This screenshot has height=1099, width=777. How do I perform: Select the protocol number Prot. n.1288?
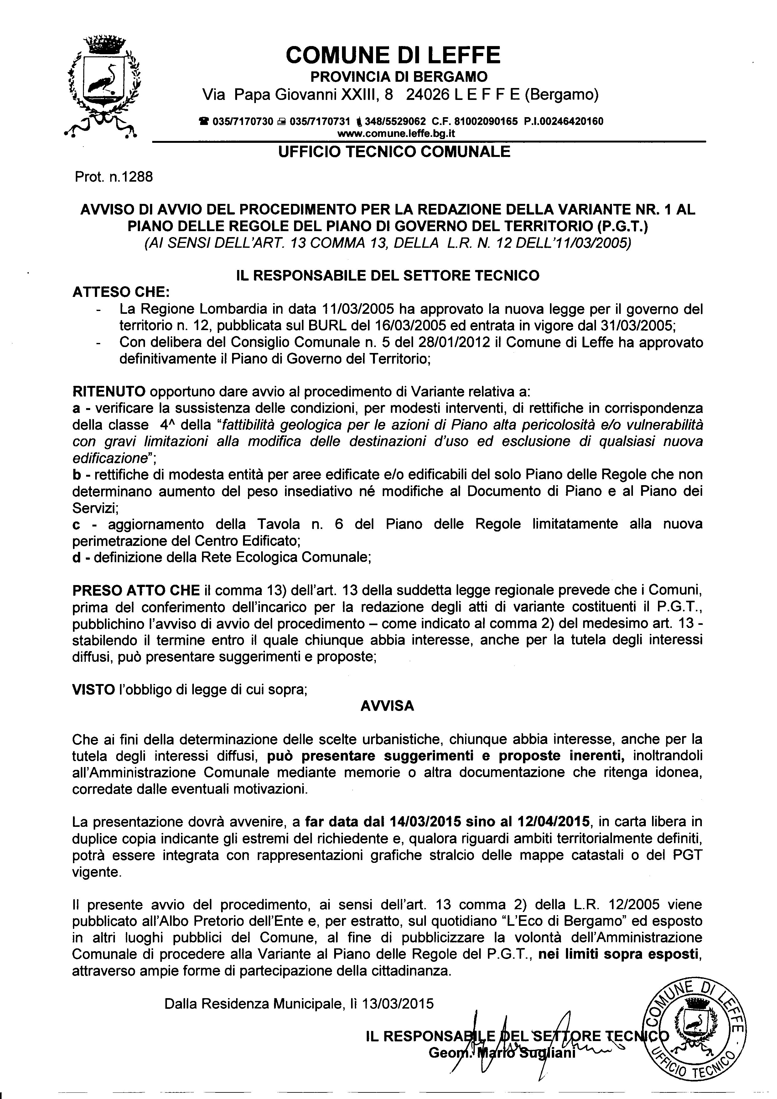click(114, 177)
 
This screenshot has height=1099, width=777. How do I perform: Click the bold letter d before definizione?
click(76, 557)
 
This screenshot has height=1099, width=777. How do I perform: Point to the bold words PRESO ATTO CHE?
click(136, 590)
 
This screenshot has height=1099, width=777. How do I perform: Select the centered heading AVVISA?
click(387, 706)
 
